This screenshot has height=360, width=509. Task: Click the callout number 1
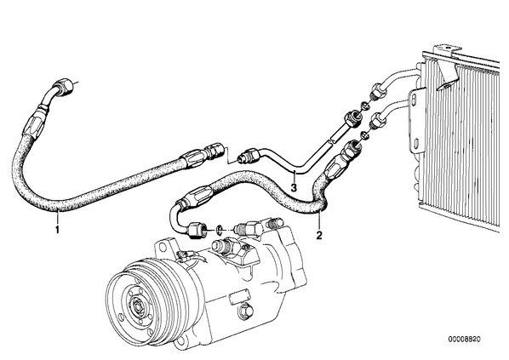tap(57, 230)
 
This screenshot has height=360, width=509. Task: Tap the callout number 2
tap(319, 235)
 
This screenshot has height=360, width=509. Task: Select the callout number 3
tap(294, 187)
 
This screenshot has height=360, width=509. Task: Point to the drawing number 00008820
tap(464, 340)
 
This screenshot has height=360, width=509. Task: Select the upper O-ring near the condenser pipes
tap(365, 106)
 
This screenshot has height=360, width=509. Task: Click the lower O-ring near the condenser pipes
tap(365, 134)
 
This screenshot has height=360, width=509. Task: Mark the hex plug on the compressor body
tap(246, 311)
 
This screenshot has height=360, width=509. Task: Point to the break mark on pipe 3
tap(331, 142)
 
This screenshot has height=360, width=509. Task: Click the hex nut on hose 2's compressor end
tap(197, 230)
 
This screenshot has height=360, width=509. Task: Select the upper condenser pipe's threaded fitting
tap(377, 91)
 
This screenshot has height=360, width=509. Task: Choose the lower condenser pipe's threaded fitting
tap(378, 121)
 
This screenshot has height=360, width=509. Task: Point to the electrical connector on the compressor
tap(182, 255)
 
